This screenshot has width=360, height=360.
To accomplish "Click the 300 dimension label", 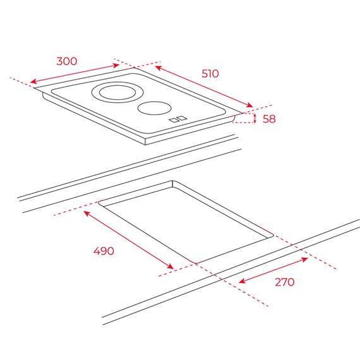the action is tap(67, 61).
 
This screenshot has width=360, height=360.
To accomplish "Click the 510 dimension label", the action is tap(210, 73).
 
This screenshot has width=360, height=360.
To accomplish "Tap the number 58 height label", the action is tap(269, 119).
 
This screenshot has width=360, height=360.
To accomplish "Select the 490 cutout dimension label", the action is tap(104, 251).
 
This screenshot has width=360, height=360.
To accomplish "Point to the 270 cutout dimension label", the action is tap(284, 282).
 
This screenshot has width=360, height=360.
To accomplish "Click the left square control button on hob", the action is tap(173, 120).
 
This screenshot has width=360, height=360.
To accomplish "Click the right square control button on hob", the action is tap(182, 118).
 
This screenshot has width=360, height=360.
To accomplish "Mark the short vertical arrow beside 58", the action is tap(255, 118).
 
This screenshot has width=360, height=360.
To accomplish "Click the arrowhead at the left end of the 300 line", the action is tap(33, 81).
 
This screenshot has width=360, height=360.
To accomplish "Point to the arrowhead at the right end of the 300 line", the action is tap(116, 66).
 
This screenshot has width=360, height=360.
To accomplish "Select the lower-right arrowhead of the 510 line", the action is tap(249, 105).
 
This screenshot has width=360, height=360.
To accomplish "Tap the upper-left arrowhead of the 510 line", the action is tap(159, 68).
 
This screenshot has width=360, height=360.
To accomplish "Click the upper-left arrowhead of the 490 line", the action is tap(87, 213).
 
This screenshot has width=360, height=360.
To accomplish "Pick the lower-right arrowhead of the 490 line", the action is tap(171, 267).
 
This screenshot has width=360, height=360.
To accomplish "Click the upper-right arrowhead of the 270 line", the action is tap(304, 260).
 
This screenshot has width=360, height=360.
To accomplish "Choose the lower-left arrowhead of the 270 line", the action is tap(242, 281).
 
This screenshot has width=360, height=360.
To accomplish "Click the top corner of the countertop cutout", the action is tap(172, 181).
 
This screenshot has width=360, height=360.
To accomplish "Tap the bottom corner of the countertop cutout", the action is tap(196, 263).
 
